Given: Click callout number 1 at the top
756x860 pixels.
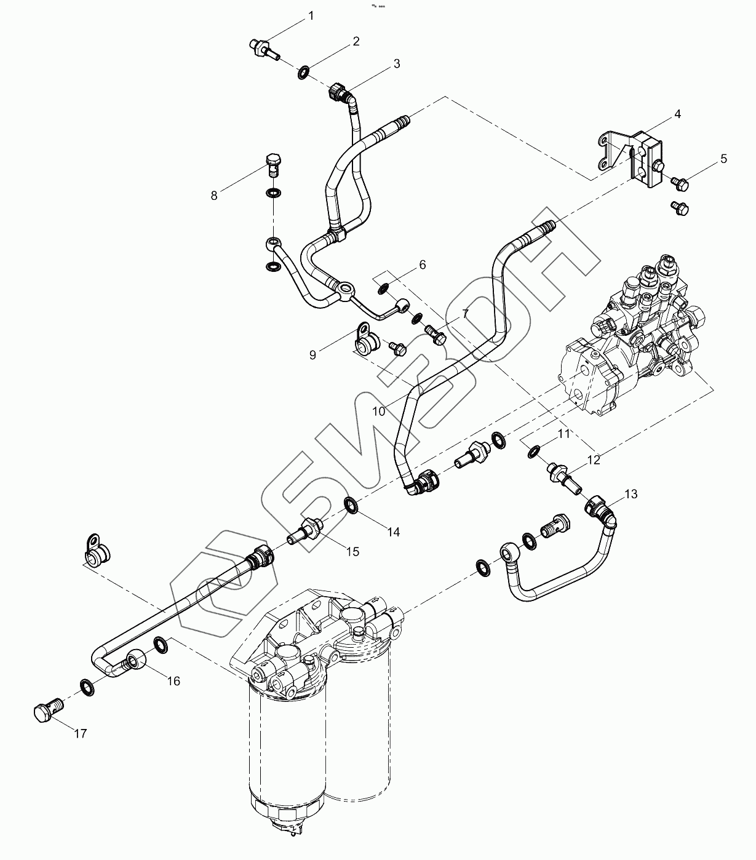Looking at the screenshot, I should (311, 16).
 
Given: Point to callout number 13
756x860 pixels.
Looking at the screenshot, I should (631, 494).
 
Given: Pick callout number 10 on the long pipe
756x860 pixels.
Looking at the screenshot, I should (379, 410).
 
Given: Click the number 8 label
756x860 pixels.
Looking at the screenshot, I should (214, 196).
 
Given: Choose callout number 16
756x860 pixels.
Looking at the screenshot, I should (174, 681).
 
